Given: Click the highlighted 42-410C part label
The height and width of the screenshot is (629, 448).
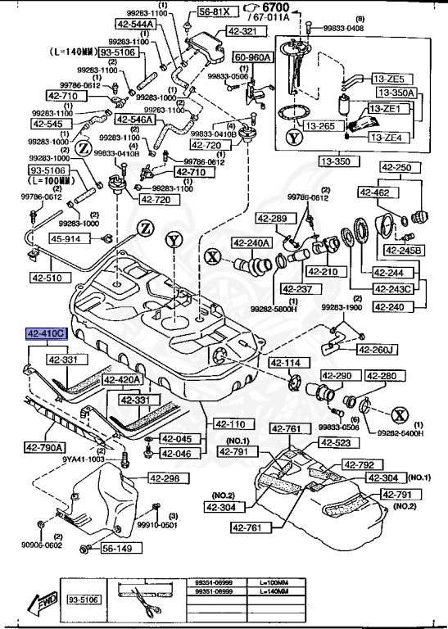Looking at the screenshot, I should coord(48,334).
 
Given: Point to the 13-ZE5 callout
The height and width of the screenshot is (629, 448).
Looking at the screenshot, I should coord(389,79).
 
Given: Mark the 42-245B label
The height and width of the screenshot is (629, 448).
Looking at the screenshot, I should coord(405,250).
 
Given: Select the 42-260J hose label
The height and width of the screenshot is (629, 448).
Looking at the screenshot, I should coord(377,351).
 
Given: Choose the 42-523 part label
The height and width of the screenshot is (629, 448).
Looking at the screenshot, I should coord(335,443).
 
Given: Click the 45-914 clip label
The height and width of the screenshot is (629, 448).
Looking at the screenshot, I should coord(67,238).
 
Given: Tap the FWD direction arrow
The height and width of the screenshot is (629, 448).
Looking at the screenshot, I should coord(38,604).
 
